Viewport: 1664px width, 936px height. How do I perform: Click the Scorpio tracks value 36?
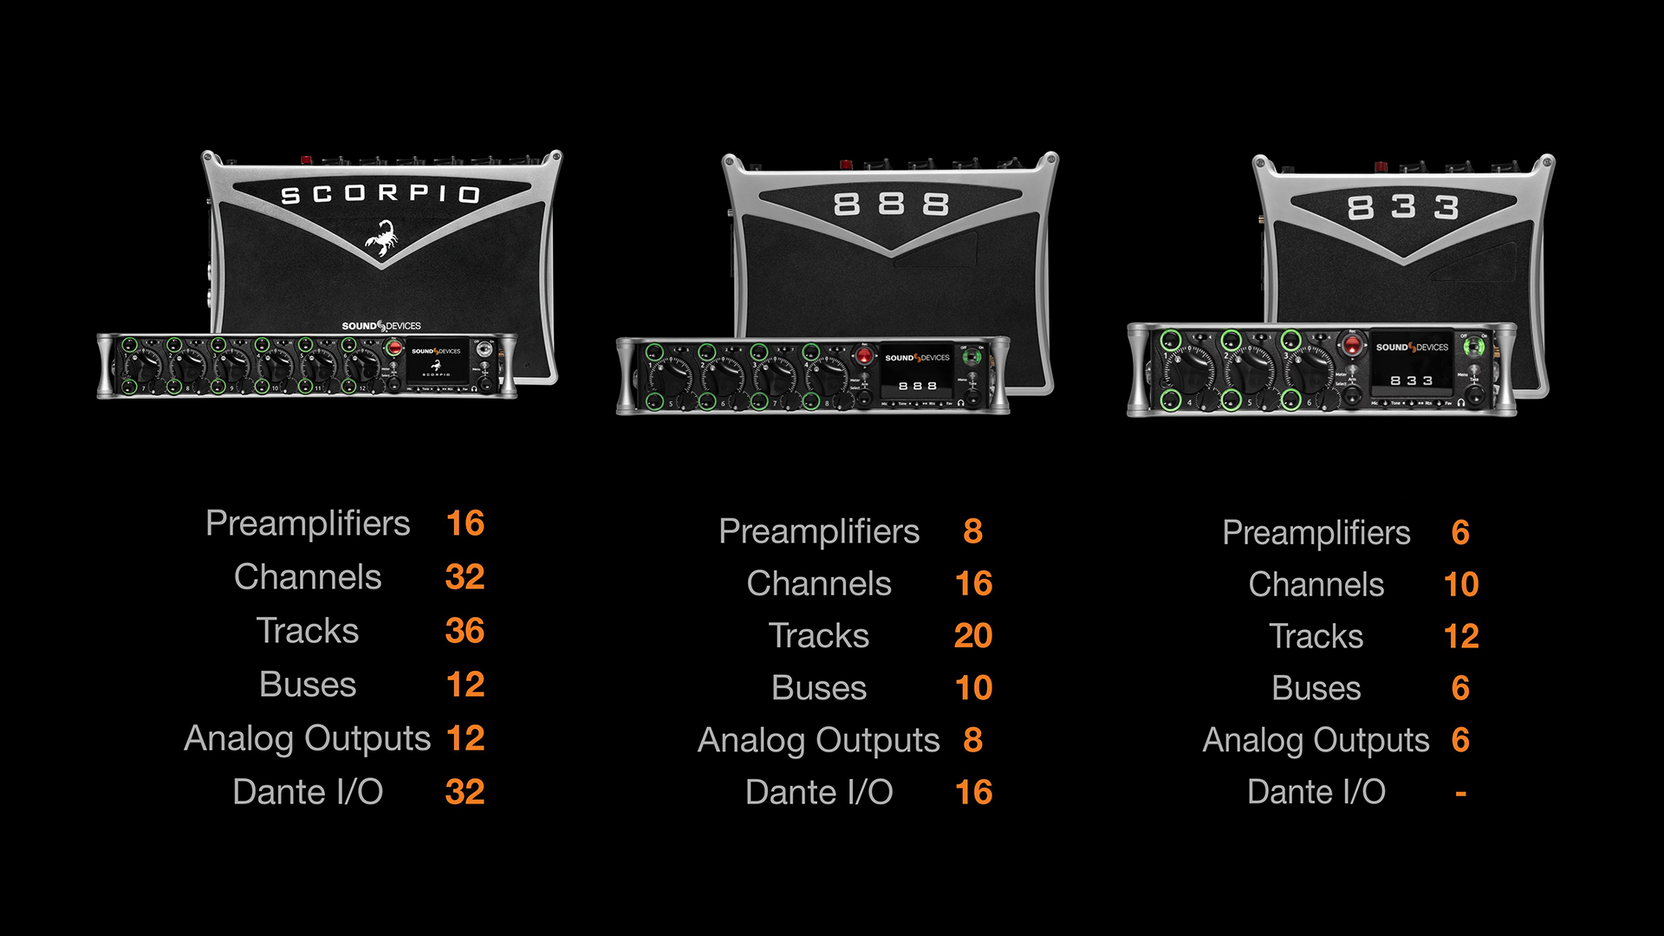pos(465,631)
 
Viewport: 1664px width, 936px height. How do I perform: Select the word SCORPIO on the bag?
pos(380,194)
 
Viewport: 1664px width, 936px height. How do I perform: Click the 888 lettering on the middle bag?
pos(891,205)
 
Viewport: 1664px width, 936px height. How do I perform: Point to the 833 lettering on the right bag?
pos(1403,207)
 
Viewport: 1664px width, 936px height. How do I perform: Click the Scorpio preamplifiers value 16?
pos(465,523)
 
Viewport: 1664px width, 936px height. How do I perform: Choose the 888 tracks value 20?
pos(972,636)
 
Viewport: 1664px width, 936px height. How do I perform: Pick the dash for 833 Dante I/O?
pos(1460,793)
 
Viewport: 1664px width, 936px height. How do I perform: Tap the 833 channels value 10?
pos(1460,585)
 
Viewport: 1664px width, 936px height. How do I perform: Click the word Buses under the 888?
pos(819,688)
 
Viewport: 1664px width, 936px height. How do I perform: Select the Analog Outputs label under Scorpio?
pos(308,738)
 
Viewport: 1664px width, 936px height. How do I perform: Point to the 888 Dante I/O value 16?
pos(972,792)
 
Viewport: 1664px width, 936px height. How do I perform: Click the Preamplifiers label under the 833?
pos(1316,533)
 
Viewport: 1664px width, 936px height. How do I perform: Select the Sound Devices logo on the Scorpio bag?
pos(381,326)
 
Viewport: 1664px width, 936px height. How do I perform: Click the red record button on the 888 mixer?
pos(864,356)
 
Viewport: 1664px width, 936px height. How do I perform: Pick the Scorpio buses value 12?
pos(465,685)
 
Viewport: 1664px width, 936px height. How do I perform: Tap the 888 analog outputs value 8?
pos(972,740)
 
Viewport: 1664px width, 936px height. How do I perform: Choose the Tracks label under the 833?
pos(1316,637)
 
